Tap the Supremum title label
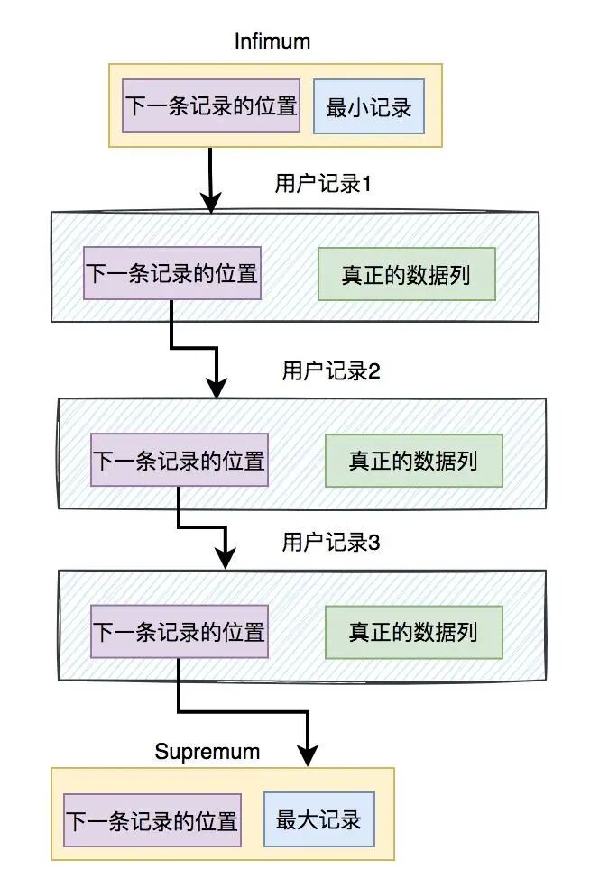tap(207, 751)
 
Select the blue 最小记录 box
tap(368, 107)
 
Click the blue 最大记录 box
tap(318, 819)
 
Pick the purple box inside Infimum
tap(211, 106)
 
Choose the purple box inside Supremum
tap(152, 820)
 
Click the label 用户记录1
tap(323, 184)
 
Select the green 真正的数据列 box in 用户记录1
tap(406, 274)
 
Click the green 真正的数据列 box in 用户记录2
tap(413, 461)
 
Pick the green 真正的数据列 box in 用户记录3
tap(413, 632)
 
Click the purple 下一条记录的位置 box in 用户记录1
tap(171, 273)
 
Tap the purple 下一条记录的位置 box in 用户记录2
tap(180, 461)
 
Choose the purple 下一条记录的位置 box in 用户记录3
tap(180, 632)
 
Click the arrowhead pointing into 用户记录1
tap(211, 203)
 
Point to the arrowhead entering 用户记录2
tap(217, 389)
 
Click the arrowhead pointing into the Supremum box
tap(309, 756)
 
